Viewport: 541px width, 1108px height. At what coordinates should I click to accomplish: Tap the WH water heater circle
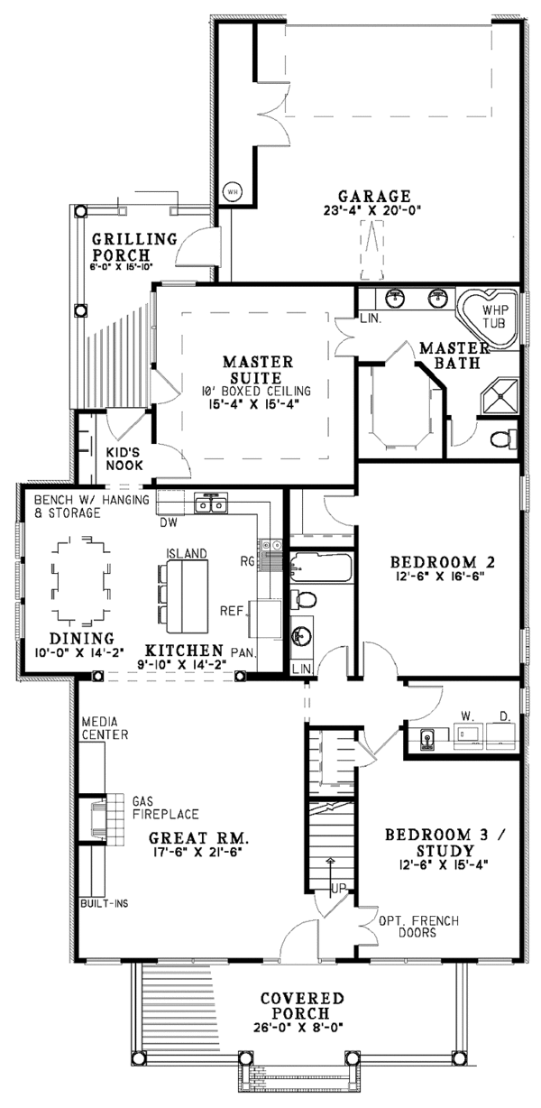point(231,191)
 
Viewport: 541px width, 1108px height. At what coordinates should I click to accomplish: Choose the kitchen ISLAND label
point(187,552)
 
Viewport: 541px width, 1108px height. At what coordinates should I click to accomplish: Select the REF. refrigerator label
point(233,610)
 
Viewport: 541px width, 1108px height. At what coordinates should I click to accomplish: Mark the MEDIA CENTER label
point(105,729)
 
